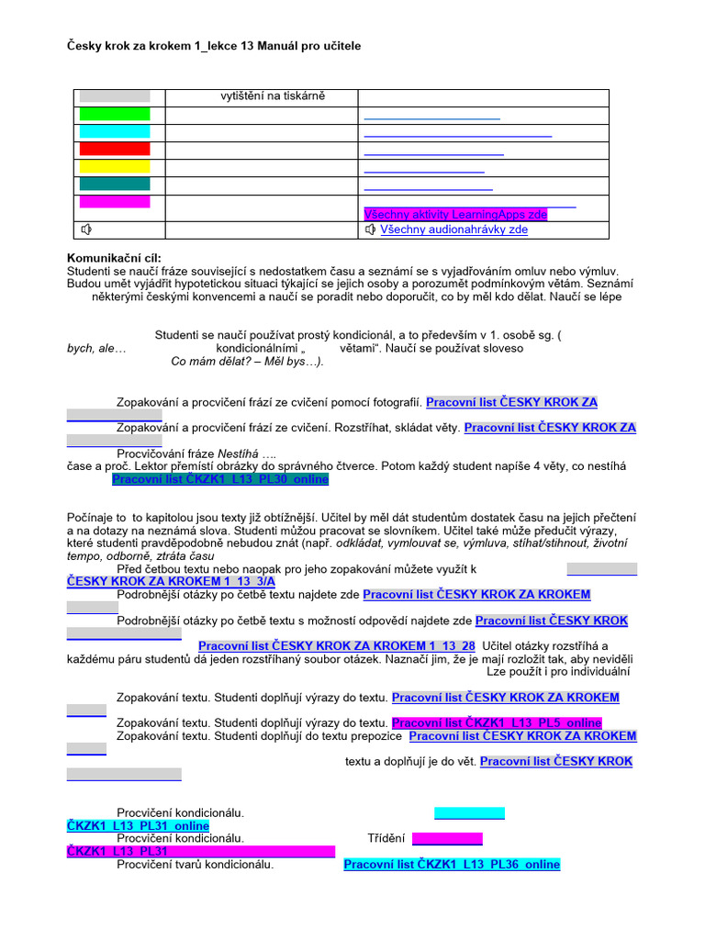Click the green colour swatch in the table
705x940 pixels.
pyautogui.click(x=114, y=114)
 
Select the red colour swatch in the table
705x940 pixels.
pyautogui.click(x=114, y=149)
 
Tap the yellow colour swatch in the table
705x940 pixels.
pyautogui.click(x=114, y=166)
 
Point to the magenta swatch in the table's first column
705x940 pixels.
pyautogui.click(x=114, y=201)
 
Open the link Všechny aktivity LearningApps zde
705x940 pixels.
pyautogui.click(x=455, y=214)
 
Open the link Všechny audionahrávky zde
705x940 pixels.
pyautogui.click(x=453, y=229)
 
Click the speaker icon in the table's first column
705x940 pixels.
pyautogui.click(x=86, y=229)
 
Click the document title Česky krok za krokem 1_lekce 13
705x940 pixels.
pyautogui.click(x=220, y=45)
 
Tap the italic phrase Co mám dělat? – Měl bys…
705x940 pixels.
pyautogui.click(x=247, y=361)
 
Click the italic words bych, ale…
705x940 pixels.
pyautogui.click(x=96, y=348)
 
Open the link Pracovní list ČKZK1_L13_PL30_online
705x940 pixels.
pyautogui.click(x=219, y=479)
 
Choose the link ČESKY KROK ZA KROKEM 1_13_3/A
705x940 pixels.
pyautogui.click(x=171, y=581)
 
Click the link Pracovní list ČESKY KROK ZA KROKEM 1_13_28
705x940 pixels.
pyautogui.click(x=336, y=645)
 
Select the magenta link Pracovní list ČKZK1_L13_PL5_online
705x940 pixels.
pyautogui.click(x=496, y=722)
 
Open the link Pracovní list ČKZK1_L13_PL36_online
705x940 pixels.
pyautogui.click(x=452, y=864)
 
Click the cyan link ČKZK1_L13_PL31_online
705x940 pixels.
pyautogui.click(x=138, y=825)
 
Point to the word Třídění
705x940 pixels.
pyautogui.click(x=386, y=838)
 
